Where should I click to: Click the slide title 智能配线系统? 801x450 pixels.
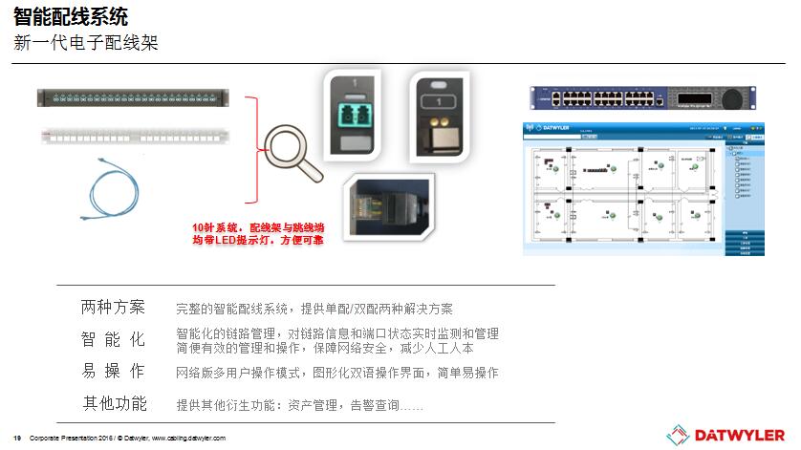coord(71,16)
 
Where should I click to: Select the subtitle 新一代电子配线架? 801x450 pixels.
coord(85,43)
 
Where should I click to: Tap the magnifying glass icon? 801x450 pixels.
coord(291,149)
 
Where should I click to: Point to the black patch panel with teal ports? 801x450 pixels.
coord(133,96)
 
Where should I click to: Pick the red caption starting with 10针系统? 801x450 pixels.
coord(258,234)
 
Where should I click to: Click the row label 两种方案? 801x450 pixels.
coord(113,308)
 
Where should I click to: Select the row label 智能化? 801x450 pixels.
coord(113,340)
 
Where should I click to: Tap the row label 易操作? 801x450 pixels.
coord(113,372)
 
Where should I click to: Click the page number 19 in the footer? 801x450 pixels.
coord(17,438)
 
